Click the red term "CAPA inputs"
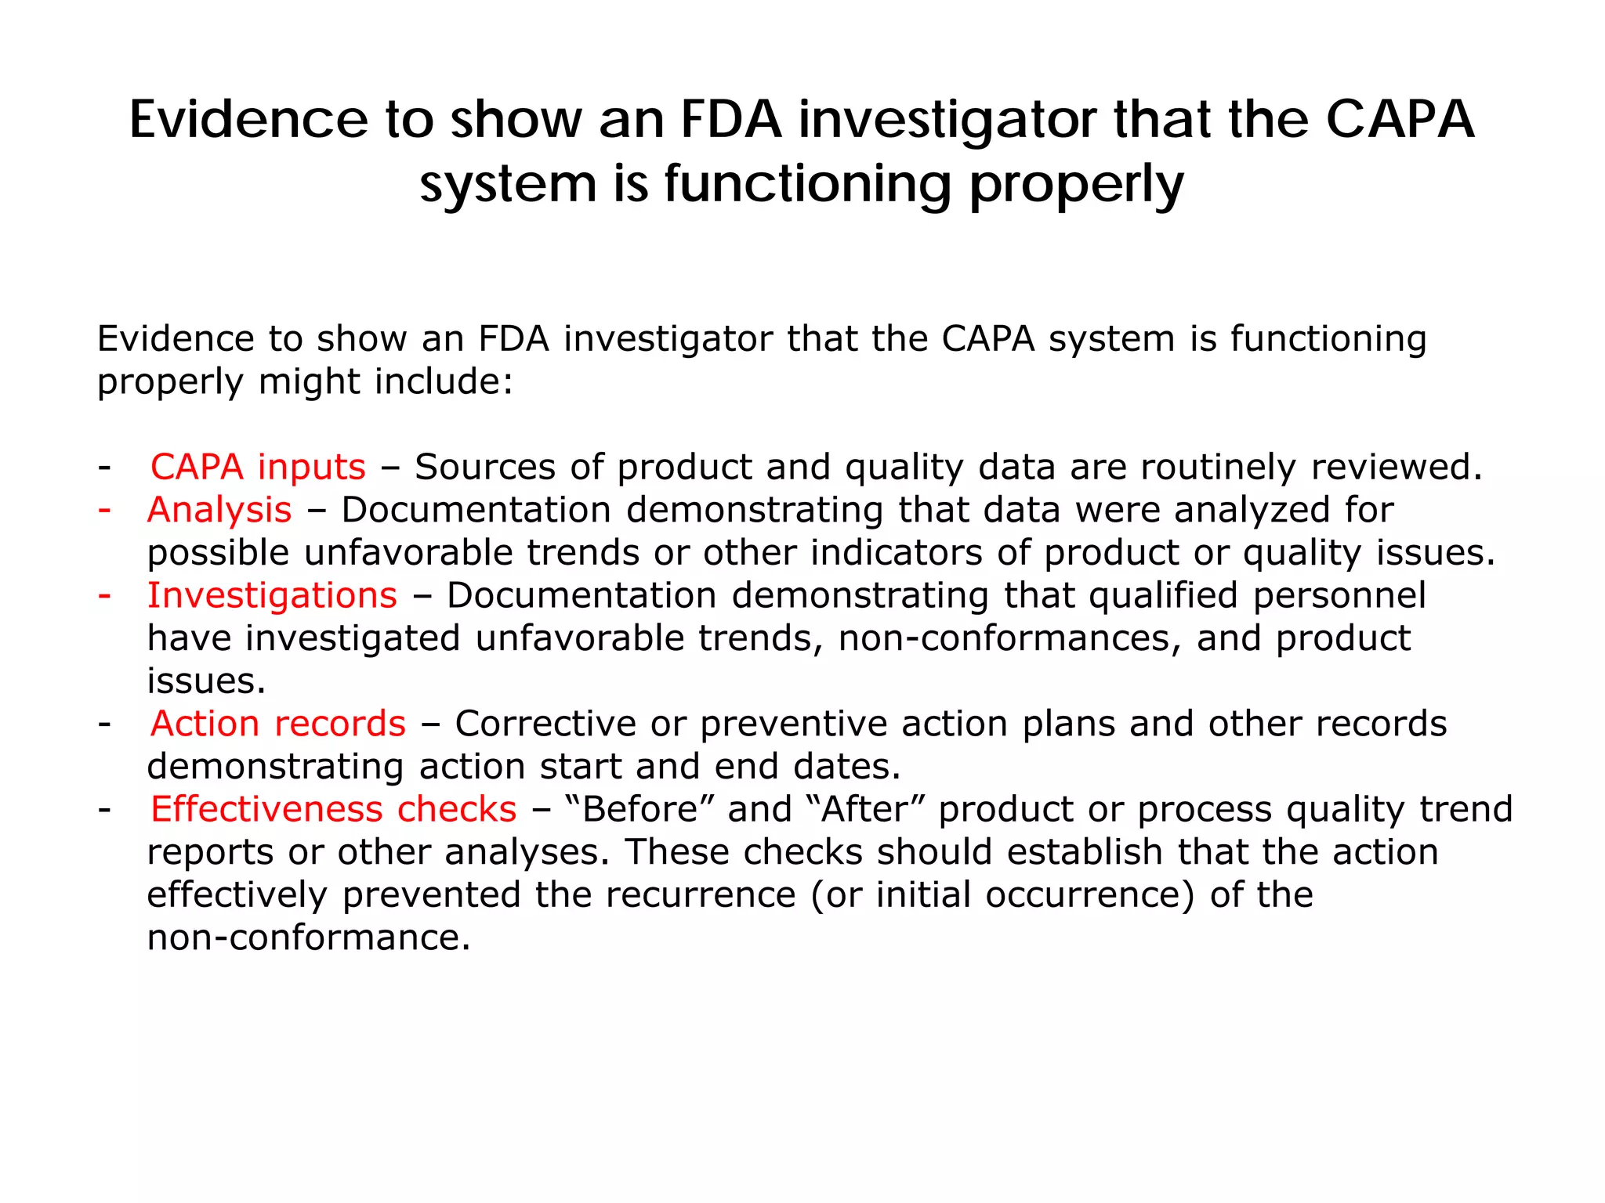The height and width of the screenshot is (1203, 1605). [x=258, y=468]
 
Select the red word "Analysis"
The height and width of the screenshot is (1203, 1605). [x=219, y=511]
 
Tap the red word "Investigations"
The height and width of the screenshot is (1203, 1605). [x=272, y=596]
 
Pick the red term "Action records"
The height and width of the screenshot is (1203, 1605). [x=278, y=724]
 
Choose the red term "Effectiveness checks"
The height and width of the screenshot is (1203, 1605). [x=334, y=810]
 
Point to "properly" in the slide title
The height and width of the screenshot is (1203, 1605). [x=1076, y=186]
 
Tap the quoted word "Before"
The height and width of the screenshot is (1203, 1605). [x=641, y=810]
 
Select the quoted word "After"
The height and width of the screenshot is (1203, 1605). [x=865, y=810]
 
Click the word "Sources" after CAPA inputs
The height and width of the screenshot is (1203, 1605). [x=485, y=468]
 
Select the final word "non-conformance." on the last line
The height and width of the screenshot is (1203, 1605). [x=309, y=938]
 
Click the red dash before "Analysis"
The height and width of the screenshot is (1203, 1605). [x=104, y=510]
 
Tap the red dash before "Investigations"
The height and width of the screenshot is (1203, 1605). [x=104, y=595]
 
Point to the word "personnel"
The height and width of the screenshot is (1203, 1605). [x=1339, y=596]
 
